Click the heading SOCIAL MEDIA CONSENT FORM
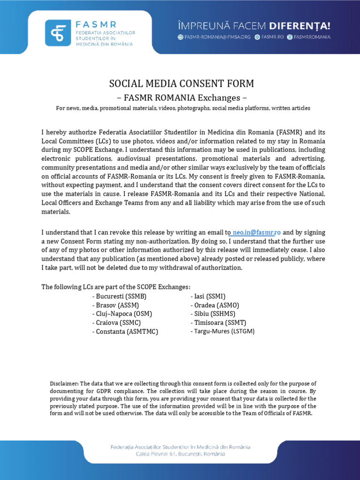181,84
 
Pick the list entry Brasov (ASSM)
115,305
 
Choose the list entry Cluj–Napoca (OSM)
122,314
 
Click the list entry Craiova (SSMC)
116,322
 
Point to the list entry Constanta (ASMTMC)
125,331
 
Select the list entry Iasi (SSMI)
208,296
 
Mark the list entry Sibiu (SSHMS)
213,314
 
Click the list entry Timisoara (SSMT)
218,322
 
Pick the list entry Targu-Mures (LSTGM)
222,331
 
